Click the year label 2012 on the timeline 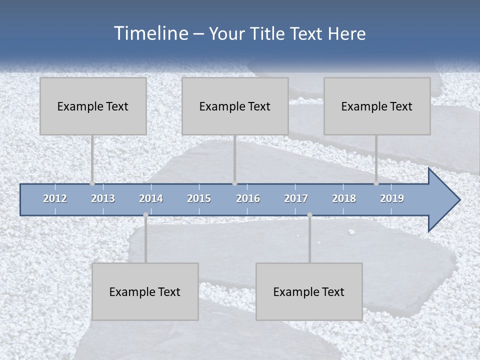coord(55,198)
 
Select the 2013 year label coord(103,198)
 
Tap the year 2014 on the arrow coord(151,198)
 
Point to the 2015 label coord(199,198)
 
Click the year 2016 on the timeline coord(248,198)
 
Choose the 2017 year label coord(296,198)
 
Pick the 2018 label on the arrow coord(344,198)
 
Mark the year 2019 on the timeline coord(392,198)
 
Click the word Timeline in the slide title coord(150,33)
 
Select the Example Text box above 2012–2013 coord(93,106)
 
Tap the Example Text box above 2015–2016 coord(235,106)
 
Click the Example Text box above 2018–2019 coord(377,106)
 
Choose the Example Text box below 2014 coord(145,291)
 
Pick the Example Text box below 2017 coord(309,291)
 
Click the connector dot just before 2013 coord(92,183)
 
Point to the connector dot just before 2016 coord(234,183)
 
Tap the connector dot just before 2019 coord(376,183)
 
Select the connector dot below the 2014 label coord(145,215)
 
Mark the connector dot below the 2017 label coord(309,215)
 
